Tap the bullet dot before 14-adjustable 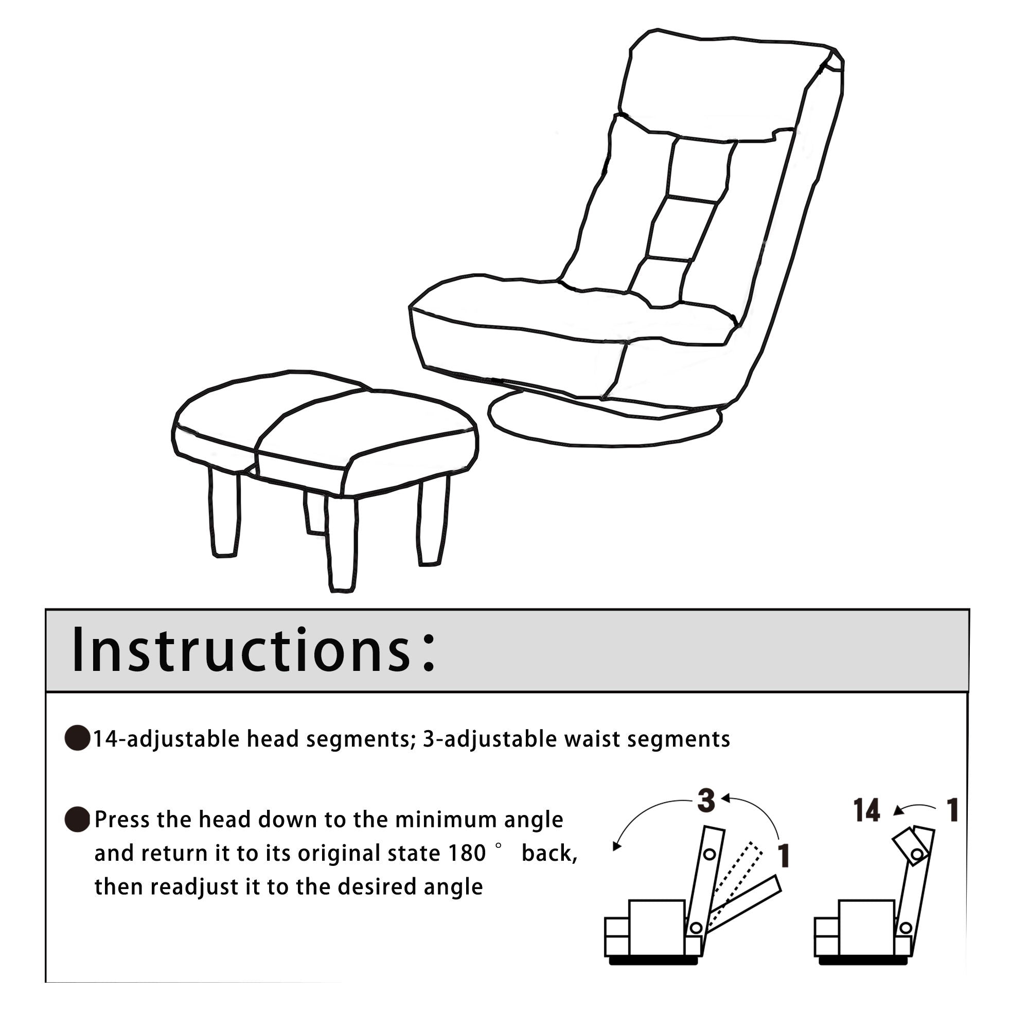[77, 738]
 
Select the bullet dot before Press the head [77, 819]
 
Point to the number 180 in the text [467, 853]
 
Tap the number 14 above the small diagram [866, 811]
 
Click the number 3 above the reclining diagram [706, 801]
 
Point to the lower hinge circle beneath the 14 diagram [905, 929]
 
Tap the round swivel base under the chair [605, 425]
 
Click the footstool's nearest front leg [342, 543]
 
